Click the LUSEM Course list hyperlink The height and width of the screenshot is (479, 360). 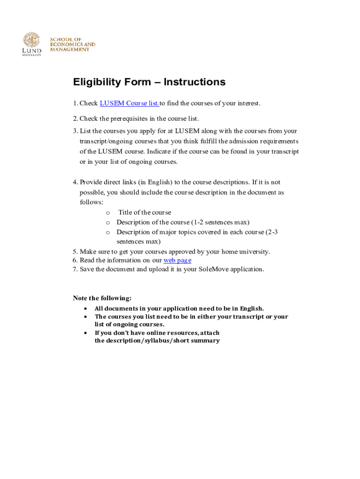130,103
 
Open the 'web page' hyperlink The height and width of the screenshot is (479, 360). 177,260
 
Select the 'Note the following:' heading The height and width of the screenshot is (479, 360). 102,298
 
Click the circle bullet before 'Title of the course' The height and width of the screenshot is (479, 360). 108,212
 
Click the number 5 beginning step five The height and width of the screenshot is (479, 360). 75,252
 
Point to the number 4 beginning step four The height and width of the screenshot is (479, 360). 75,182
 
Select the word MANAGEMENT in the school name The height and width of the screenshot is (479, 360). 70,50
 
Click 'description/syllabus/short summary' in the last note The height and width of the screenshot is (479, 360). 157,341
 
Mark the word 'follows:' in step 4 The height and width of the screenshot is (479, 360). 92,202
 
